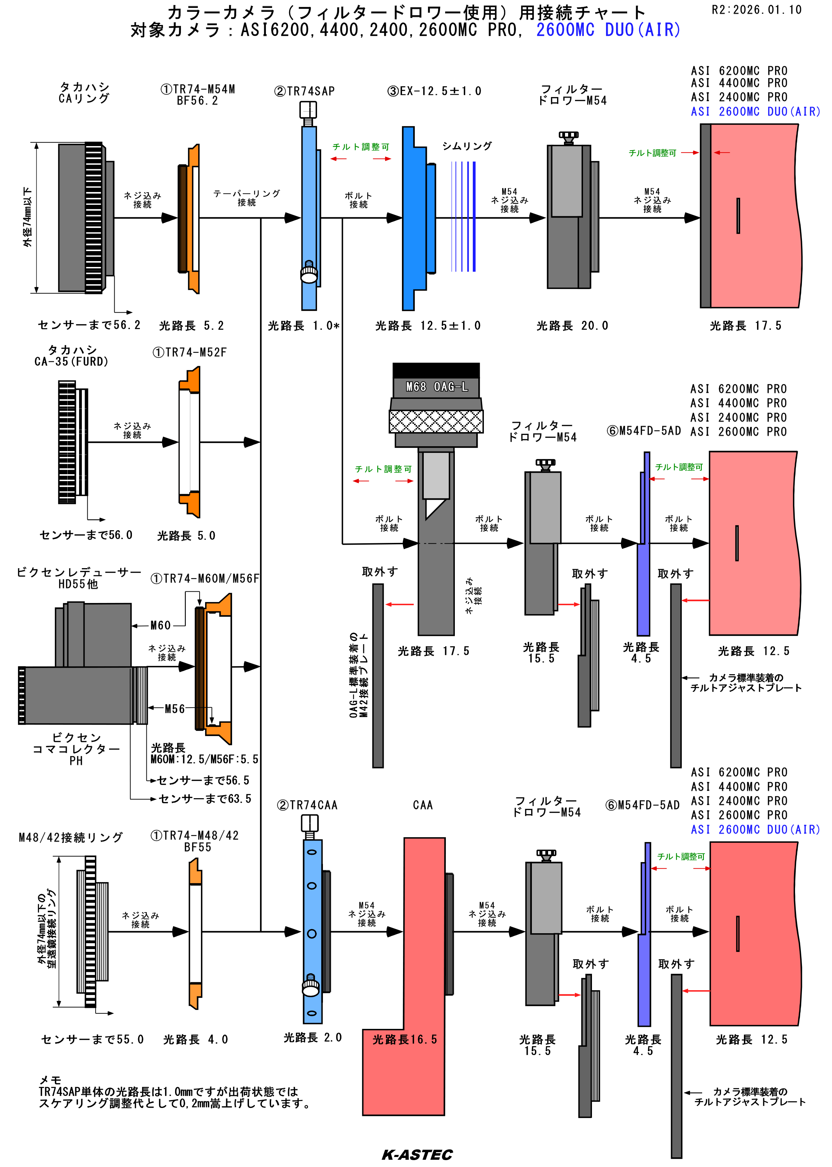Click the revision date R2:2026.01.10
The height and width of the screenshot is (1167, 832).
[756, 10]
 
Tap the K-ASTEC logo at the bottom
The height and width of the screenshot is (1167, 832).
[417, 1154]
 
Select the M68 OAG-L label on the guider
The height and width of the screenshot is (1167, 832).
[437, 387]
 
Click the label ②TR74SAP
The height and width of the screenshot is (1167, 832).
[305, 91]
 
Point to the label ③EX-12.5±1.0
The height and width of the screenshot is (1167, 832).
[434, 91]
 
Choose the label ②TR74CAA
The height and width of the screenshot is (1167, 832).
[307, 805]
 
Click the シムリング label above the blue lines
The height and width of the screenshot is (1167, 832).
[467, 146]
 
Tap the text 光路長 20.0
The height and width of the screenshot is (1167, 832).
[572, 326]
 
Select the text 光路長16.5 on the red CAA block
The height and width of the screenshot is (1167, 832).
[405, 1039]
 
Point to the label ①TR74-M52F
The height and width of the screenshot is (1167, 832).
[190, 353]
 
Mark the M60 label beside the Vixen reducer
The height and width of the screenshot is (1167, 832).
[160, 625]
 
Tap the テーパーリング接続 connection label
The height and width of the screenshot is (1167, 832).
[247, 198]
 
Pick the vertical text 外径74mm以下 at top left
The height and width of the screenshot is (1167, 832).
[27, 217]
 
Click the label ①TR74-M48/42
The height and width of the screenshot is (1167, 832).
[195, 835]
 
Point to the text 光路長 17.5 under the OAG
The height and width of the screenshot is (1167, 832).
[433, 651]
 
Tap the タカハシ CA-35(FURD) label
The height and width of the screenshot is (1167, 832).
[72, 355]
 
